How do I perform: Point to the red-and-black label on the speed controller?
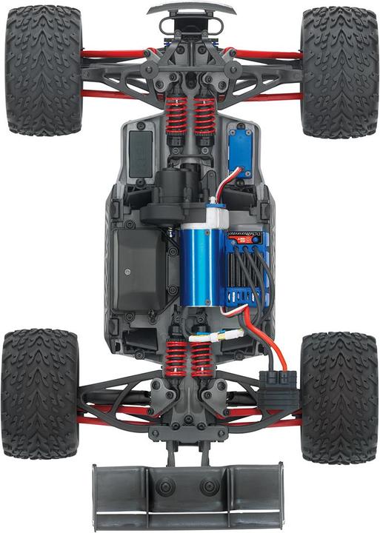[x=244, y=239]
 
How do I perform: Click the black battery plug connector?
[x=279, y=381]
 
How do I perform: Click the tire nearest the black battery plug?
[x=339, y=397]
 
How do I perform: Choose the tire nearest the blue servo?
[x=339, y=72]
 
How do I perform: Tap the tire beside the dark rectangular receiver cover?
[x=44, y=72]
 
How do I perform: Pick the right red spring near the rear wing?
[x=201, y=359]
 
